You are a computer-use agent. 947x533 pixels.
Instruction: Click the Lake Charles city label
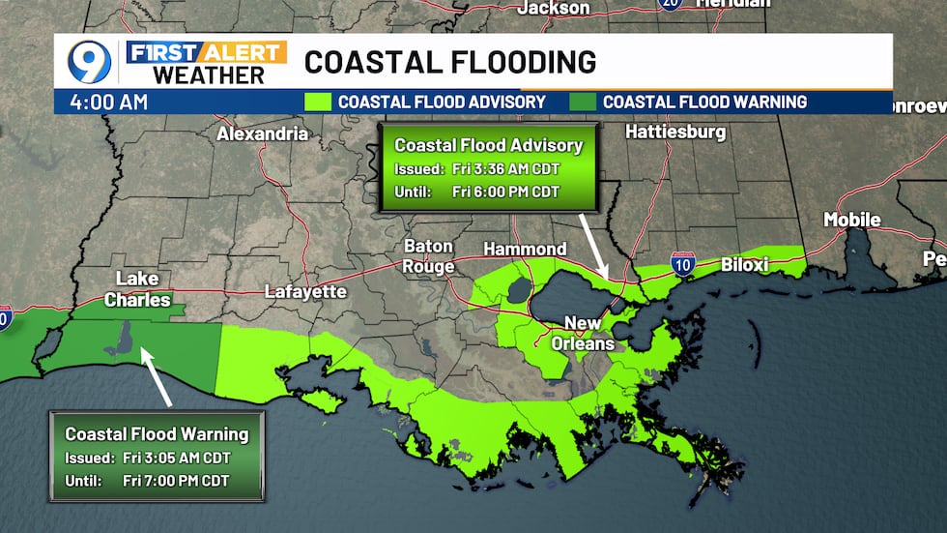coord(137,288)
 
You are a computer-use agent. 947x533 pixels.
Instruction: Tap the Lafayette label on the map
coord(305,291)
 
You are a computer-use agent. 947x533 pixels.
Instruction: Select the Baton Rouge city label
coord(428,256)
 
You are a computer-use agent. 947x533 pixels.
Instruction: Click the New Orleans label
coord(589,333)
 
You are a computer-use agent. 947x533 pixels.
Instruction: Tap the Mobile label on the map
coord(851,220)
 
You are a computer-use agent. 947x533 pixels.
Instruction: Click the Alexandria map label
coord(262,133)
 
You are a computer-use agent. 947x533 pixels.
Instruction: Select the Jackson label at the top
coord(554,8)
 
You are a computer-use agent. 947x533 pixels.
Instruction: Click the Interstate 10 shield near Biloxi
coord(683,263)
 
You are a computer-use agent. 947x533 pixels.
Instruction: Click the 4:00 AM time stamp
coord(108,102)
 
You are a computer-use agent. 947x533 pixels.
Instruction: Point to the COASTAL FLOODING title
coord(450,62)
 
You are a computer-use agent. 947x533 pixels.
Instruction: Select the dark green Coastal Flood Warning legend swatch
coord(583,102)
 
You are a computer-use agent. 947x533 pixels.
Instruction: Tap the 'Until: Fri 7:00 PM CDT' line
coord(148,480)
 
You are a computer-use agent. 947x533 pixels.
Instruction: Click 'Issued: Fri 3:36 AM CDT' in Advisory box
coord(477,168)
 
